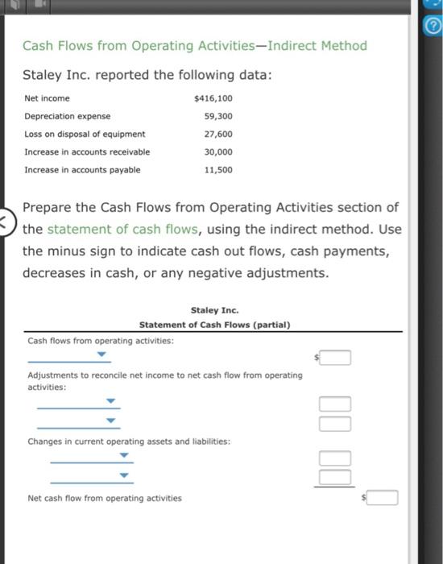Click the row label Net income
pos(47,98)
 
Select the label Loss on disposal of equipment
pos(85,134)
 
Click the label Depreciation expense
pos(68,116)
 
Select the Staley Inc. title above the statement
pos(214,310)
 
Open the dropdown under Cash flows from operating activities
pos(101,354)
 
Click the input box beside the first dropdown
pos(336,357)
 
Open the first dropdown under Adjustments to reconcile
pos(112,401)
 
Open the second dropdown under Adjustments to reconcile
pos(112,421)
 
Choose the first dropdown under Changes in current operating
pos(124,456)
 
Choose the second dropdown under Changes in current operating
pos(124,475)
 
